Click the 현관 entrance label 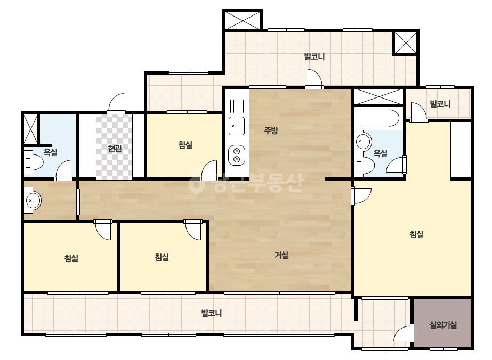115,148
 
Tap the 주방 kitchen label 271,130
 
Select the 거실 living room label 281,255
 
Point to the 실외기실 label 443,325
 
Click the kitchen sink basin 237,126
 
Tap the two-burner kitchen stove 237,155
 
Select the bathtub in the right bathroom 379,118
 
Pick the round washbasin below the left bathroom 33,200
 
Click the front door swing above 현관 116,103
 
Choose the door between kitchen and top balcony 314,79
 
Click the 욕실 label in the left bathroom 50,152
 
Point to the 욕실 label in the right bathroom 380,153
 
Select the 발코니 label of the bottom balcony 212,313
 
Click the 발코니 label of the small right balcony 440,104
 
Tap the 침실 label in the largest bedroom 417,234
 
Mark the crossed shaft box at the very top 242,20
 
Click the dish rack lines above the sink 237,106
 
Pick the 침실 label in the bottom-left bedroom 71,258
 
